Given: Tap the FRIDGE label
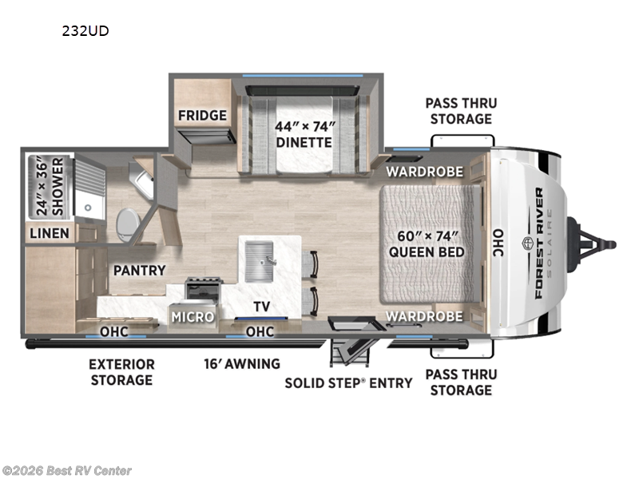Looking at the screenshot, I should [x=202, y=115].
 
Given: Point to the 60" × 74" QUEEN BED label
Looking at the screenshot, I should [x=427, y=243].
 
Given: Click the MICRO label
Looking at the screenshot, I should [x=192, y=317].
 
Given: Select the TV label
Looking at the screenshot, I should [x=260, y=306].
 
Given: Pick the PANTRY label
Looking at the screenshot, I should [x=139, y=271].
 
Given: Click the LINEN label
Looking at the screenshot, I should [x=50, y=234].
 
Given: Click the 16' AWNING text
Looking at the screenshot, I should [x=241, y=364].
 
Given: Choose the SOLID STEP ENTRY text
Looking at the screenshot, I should [x=349, y=382].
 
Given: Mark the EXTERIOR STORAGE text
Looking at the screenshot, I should [x=121, y=372].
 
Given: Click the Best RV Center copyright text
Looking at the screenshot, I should [x=67, y=471].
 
